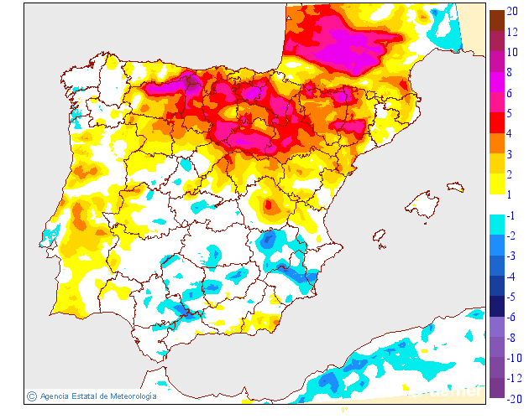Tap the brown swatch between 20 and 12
click(x=496, y=22)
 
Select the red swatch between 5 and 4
click(x=496, y=124)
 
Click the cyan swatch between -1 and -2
click(x=496, y=225)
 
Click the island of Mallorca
click(x=422, y=203)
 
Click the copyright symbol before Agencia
click(x=32, y=396)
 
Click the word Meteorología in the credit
click(x=128, y=396)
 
